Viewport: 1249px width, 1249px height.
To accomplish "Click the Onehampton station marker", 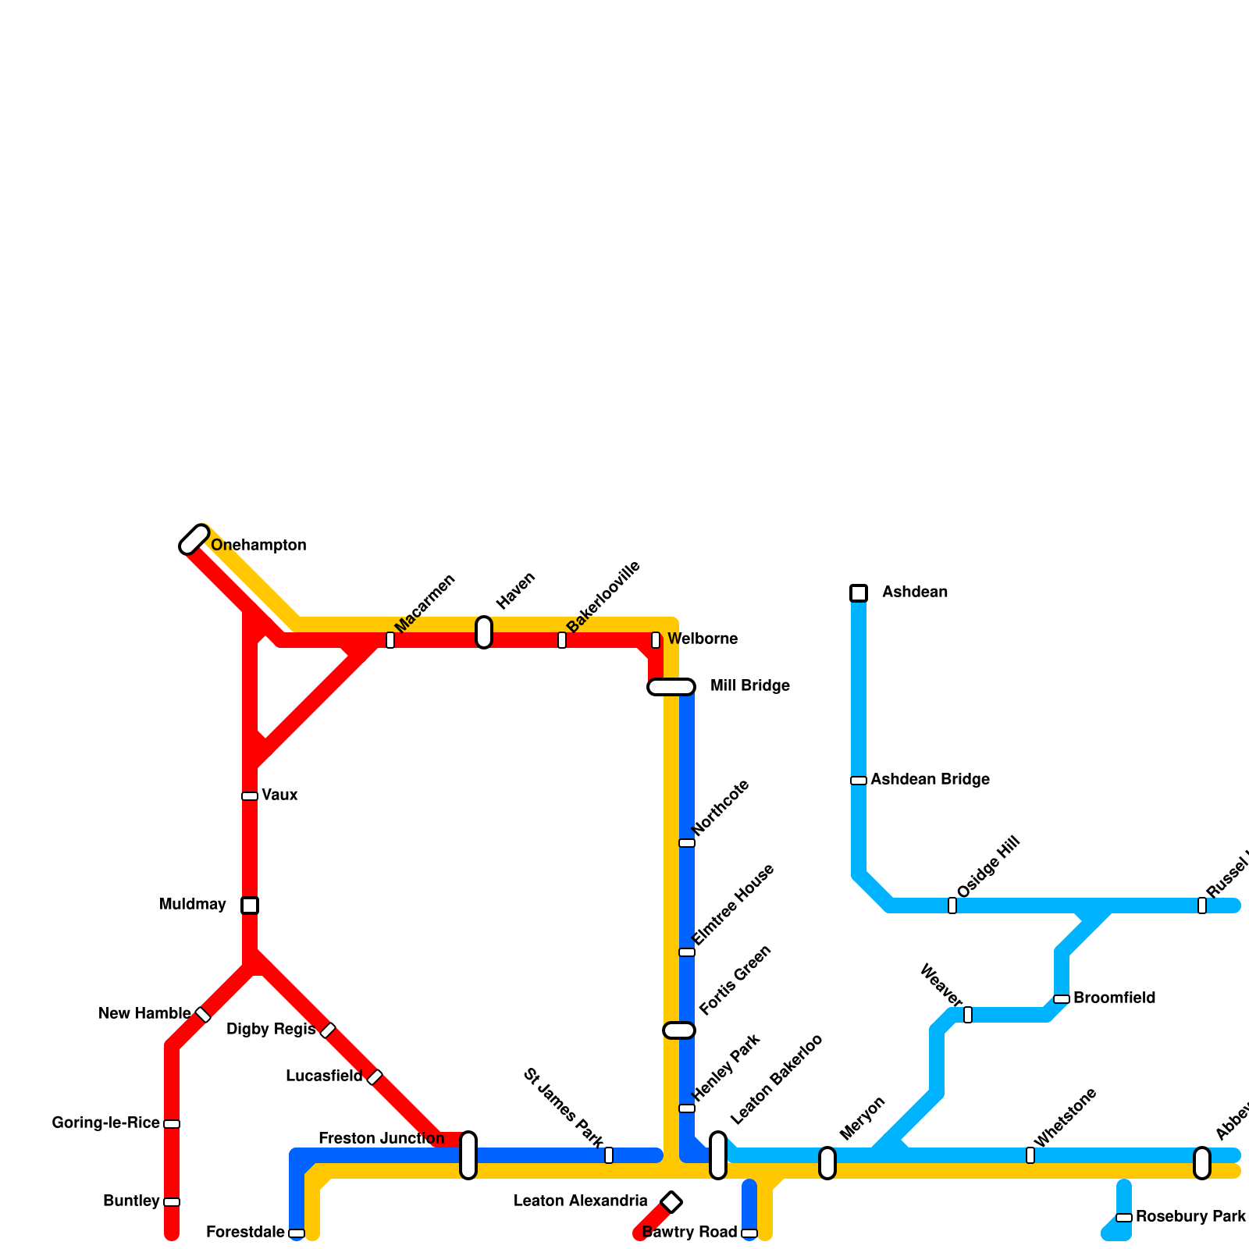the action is (194, 539).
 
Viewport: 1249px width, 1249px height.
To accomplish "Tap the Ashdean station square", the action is (859, 593).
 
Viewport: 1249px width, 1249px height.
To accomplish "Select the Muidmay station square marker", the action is (250, 906).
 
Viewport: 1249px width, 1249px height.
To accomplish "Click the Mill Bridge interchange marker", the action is (671, 687).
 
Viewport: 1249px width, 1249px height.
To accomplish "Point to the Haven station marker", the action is (484, 632).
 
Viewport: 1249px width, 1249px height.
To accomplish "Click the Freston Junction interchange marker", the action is (468, 1155).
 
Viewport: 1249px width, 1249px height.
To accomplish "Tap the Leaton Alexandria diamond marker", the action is (671, 1202).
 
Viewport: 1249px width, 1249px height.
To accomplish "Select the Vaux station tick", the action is (250, 796).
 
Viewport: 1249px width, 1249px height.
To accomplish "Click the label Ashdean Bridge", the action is (930, 780).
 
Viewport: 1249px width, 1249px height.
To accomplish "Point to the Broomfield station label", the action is (1114, 998).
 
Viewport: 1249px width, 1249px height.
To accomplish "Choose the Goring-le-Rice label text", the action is (105, 1123).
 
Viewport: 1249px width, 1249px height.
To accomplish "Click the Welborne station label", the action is (702, 639).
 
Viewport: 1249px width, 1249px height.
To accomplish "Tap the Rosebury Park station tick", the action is (1124, 1218).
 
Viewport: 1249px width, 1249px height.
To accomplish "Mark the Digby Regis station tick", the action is (328, 1030).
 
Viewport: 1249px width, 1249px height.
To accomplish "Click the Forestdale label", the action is (245, 1233).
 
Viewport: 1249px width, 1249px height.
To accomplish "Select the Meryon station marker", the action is (827, 1163).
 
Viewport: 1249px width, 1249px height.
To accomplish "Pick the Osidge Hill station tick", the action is (952, 906).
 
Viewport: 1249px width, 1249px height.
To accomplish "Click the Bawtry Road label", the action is (689, 1233).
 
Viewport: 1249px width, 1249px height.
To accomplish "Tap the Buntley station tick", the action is (172, 1202).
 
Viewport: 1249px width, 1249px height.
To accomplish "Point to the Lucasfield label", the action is (324, 1076).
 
